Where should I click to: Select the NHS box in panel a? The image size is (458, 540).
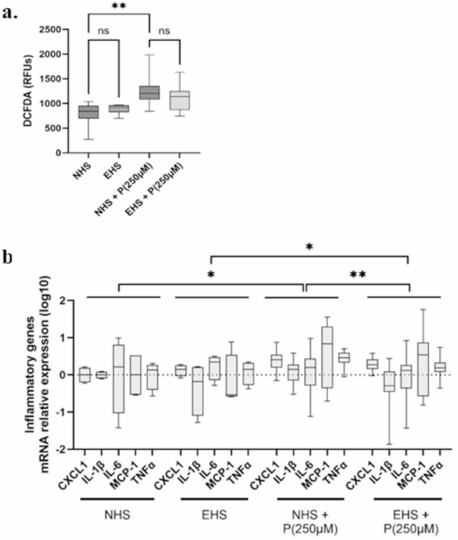(88, 112)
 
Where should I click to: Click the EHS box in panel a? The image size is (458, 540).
(119, 108)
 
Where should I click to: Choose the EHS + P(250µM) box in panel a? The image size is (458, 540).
(180, 100)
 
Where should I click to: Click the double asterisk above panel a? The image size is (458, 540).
(119, 7)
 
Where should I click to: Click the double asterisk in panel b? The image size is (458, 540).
(357, 274)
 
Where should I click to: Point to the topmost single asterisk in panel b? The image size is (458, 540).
(309, 247)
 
